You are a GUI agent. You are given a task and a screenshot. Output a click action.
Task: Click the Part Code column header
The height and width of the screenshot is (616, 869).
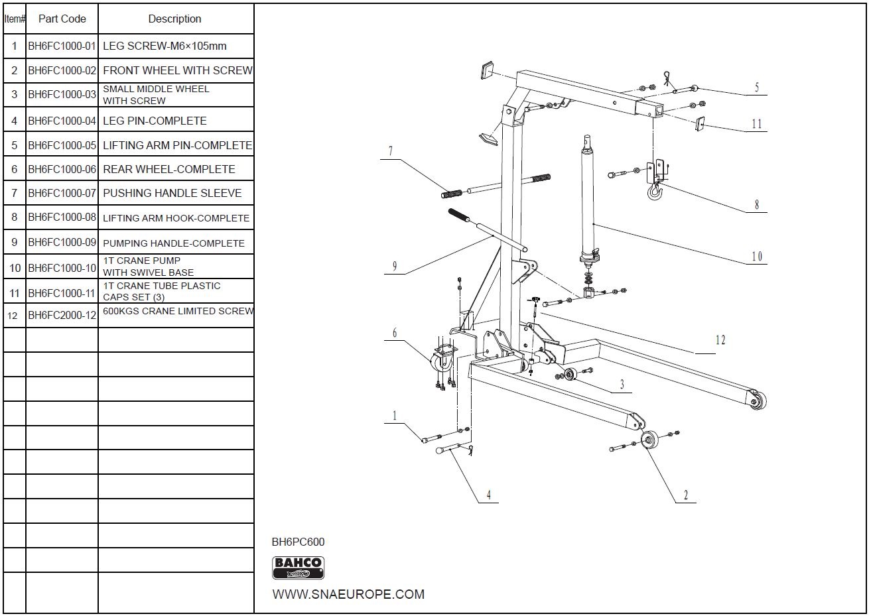coord(62,19)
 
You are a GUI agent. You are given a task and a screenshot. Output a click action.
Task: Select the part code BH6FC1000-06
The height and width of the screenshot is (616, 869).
coord(62,169)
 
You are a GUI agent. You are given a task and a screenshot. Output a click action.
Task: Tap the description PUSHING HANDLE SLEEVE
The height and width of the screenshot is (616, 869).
coord(172,193)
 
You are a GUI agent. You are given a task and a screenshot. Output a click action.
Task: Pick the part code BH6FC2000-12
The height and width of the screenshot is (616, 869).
coord(62,315)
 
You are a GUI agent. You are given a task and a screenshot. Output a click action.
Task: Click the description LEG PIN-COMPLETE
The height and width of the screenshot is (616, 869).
coord(155,121)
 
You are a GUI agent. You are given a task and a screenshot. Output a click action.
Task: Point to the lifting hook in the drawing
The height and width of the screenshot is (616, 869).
coord(655,192)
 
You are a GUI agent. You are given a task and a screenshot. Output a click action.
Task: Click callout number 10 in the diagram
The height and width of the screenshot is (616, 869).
coord(757,257)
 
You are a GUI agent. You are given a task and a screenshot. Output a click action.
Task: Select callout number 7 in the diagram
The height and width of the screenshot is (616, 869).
coord(390,151)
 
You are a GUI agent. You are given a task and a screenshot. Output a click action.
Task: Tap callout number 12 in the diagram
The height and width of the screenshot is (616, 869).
coord(720,340)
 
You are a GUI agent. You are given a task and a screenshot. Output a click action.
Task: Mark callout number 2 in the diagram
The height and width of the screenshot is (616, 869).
coord(685,495)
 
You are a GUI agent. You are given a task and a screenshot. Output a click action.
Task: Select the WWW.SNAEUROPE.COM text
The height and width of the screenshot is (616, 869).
coord(348,594)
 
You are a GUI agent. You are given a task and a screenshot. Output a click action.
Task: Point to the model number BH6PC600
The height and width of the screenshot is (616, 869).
coord(299,542)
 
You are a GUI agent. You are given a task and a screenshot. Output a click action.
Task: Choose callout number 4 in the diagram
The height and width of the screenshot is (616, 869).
coord(488,495)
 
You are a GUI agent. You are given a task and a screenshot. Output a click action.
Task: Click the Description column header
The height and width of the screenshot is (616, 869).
coord(174,19)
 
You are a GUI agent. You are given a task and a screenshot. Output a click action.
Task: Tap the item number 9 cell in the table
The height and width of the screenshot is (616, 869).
coord(14,243)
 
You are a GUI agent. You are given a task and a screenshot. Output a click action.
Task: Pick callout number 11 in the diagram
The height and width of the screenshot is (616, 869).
coord(757,123)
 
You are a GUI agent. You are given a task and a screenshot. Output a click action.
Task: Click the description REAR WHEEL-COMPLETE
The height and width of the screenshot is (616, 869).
coord(168,169)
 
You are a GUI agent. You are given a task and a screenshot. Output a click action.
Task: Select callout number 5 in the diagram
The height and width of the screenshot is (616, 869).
coord(757,87)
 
